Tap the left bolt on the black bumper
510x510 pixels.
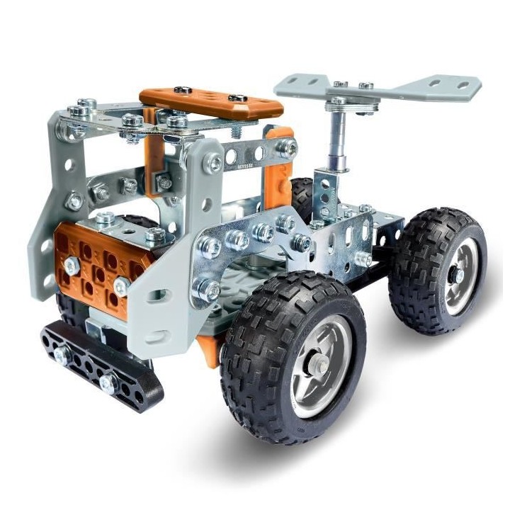pos(62,354)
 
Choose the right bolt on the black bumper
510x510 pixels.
pos(108,383)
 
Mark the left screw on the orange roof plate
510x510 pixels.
pos(182,91)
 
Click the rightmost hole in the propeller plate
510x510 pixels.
pos(464,85)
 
